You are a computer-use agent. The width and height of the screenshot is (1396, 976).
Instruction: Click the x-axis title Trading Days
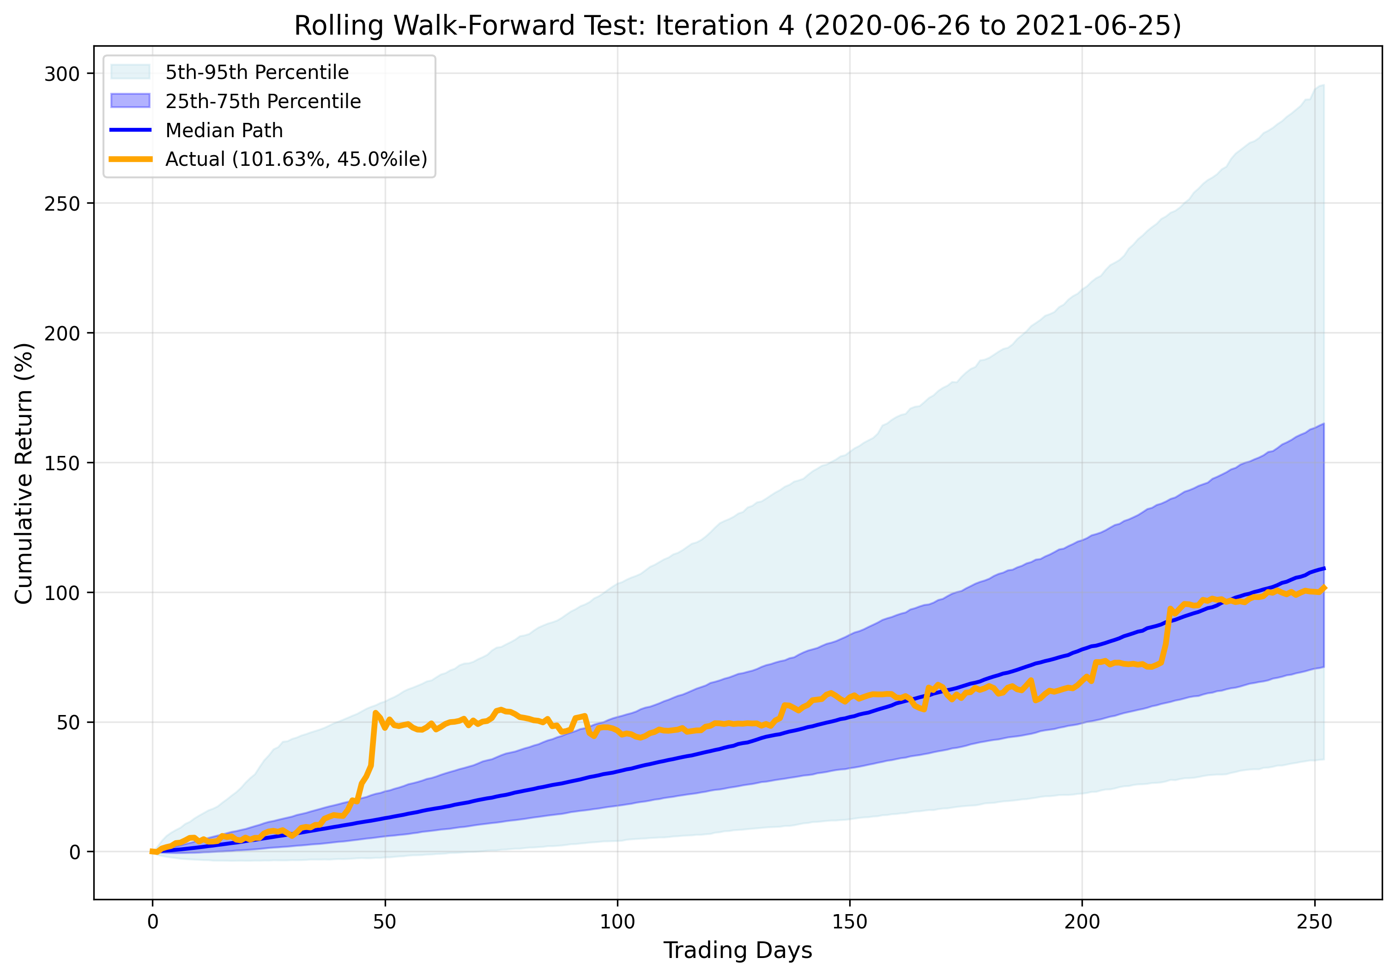pyautogui.click(x=737, y=950)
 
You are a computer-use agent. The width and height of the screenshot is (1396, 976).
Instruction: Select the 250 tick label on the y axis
pyautogui.click(x=62, y=204)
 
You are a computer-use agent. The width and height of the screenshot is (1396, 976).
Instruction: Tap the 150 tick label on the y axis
pyautogui.click(x=62, y=463)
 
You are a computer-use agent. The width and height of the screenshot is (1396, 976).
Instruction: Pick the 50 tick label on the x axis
pyautogui.click(x=385, y=922)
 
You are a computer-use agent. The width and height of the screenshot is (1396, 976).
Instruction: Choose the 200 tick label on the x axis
pyautogui.click(x=1082, y=922)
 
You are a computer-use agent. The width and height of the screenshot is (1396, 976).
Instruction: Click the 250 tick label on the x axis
pyautogui.click(x=1314, y=922)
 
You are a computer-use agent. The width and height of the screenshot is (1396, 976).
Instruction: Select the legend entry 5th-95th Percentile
pyautogui.click(x=257, y=73)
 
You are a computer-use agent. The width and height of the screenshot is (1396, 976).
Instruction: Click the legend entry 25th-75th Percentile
pyautogui.click(x=263, y=101)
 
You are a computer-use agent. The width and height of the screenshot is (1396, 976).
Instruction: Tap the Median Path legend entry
pyautogui.click(x=224, y=130)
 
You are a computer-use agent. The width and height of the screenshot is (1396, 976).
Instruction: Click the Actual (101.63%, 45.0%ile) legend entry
pyautogui.click(x=296, y=159)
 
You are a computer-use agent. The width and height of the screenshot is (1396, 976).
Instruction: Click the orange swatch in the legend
pyautogui.click(x=130, y=159)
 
